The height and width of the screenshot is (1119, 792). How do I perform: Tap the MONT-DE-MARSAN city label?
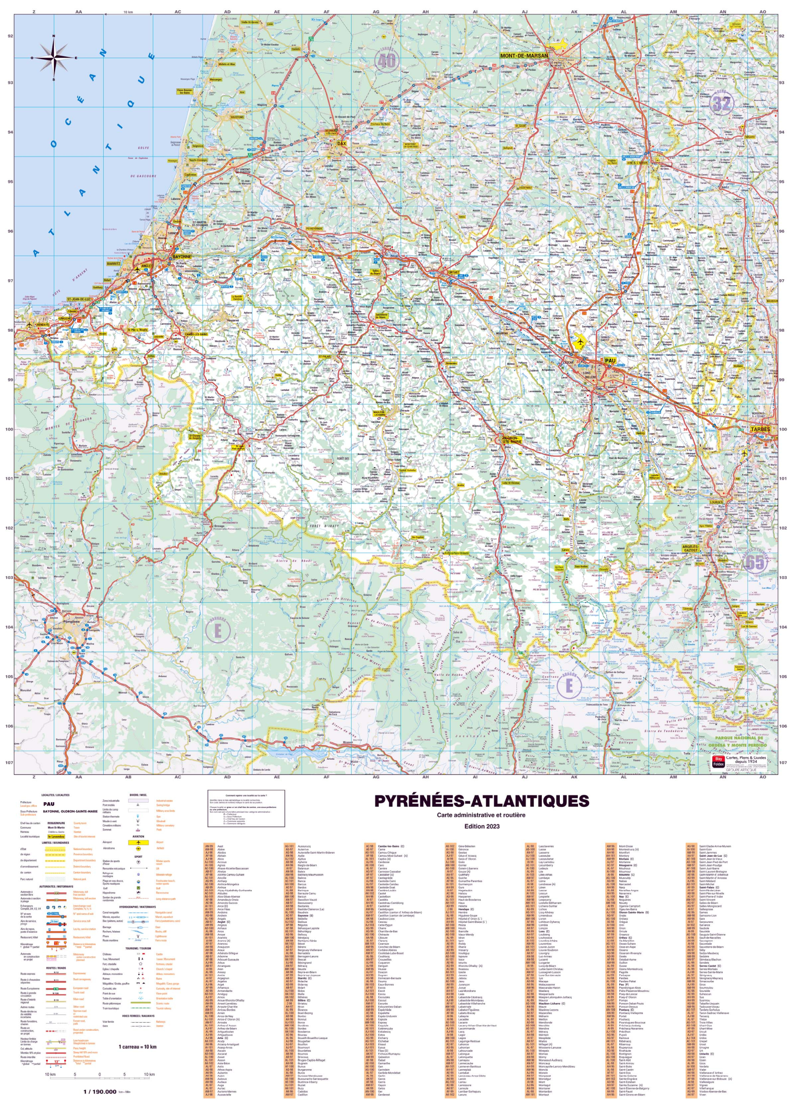point(524,56)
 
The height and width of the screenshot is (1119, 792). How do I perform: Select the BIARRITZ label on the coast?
point(114,263)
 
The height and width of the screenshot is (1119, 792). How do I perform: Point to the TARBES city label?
point(761,429)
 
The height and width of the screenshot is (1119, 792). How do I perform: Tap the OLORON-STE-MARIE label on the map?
point(512,440)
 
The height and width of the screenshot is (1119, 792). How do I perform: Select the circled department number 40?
point(386,60)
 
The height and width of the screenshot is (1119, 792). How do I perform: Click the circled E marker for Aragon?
point(569,685)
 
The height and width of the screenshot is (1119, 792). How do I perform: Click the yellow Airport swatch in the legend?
point(139,842)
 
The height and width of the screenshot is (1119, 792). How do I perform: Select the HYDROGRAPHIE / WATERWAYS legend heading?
point(138,907)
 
